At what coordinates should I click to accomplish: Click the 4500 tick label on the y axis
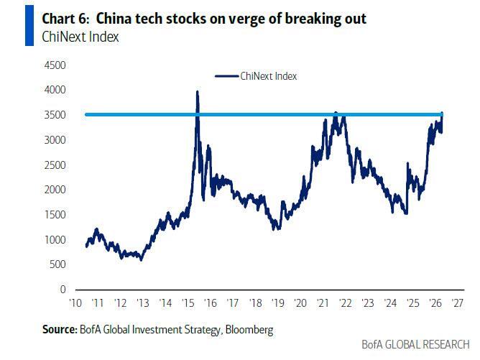55,65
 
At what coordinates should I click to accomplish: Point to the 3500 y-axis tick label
55,115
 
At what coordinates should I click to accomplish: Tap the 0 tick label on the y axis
63,289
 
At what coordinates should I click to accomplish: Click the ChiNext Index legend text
269,76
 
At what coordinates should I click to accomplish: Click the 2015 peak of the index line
197,92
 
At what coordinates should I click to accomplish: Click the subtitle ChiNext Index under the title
80,37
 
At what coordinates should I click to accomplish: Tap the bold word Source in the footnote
57,330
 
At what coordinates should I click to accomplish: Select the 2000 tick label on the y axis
55,190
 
